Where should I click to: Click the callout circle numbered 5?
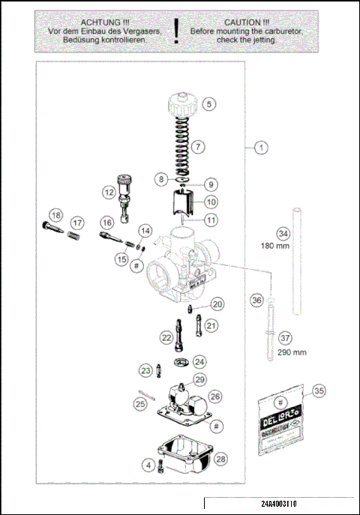(208, 104)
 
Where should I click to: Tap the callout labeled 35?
(319, 391)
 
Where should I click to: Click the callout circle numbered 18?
(54, 215)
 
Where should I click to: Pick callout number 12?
(109, 192)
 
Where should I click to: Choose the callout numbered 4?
(149, 466)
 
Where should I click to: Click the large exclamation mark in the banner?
(176, 31)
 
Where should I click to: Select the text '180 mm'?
(275, 245)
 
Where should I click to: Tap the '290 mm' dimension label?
(291, 352)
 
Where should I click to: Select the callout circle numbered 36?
(256, 300)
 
